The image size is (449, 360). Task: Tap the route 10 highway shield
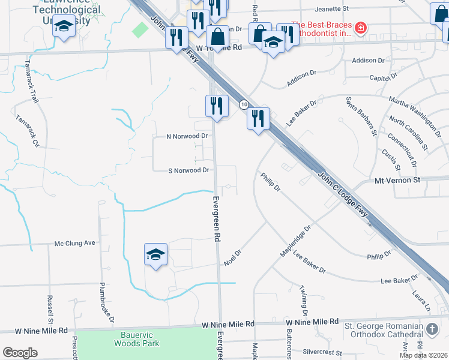[x=244, y=104]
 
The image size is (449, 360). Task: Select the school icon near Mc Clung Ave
[x=155, y=256]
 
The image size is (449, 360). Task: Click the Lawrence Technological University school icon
[x=64, y=26]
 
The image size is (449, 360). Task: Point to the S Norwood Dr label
[x=188, y=170]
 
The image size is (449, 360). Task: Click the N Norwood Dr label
[x=187, y=136]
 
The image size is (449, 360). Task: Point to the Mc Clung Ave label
[x=75, y=243]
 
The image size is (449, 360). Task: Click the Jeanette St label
[x=332, y=9]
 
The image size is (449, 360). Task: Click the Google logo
[x=20, y=353]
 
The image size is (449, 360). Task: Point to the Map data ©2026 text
[x=423, y=355]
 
